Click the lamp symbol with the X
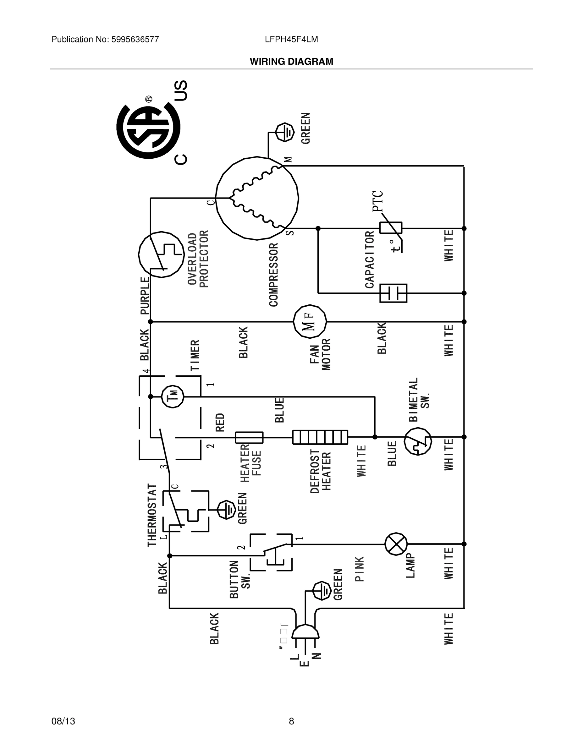(396, 544)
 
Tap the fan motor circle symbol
(310, 322)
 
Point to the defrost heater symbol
(320, 437)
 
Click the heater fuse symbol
(249, 437)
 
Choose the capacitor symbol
(393, 293)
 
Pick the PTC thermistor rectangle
(391, 228)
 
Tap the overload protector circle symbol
(161, 254)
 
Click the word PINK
(360, 569)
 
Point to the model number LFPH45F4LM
(291, 40)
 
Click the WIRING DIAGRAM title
(291, 62)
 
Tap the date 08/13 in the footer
(63, 721)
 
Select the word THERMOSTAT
(152, 515)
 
